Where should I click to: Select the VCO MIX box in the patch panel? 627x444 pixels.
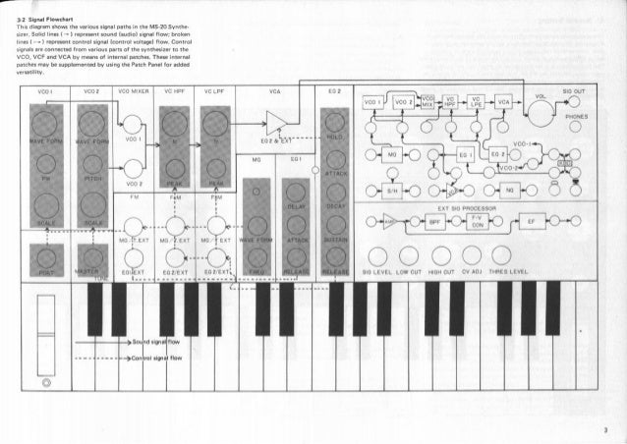pos(428,101)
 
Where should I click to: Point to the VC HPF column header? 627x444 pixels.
pos(178,89)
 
